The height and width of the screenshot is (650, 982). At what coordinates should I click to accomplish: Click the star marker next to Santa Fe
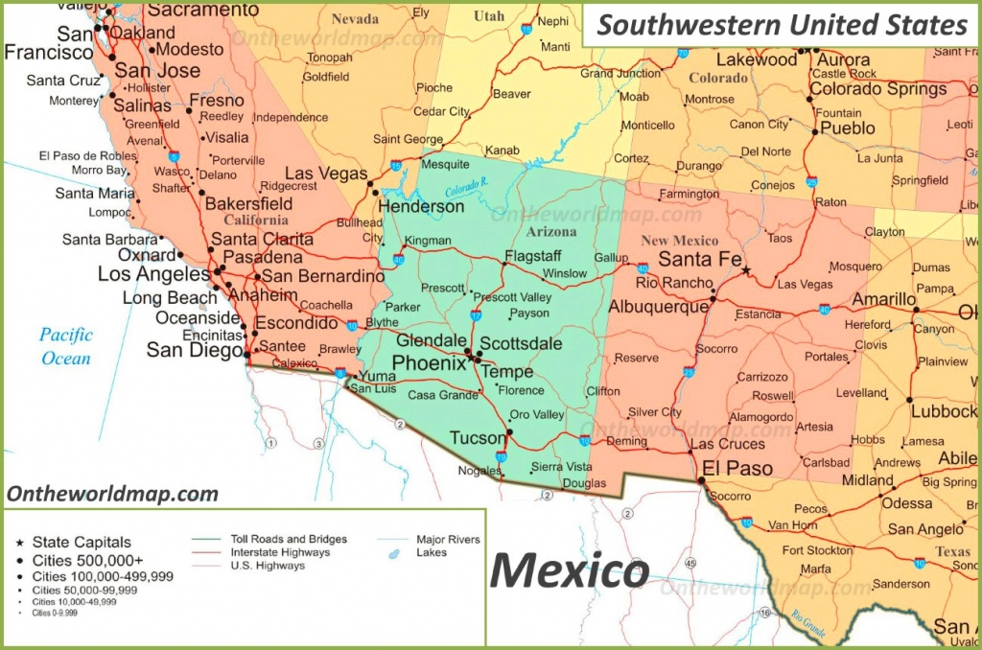click(746, 270)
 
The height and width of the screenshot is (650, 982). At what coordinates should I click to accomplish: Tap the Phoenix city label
click(429, 363)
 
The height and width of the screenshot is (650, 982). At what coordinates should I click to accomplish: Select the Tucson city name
click(477, 438)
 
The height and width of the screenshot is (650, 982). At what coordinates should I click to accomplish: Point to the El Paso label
click(736, 469)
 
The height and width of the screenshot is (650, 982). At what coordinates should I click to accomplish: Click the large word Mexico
click(569, 570)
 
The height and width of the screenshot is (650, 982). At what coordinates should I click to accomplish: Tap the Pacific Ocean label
click(66, 347)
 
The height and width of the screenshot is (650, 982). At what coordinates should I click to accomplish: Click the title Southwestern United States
click(782, 24)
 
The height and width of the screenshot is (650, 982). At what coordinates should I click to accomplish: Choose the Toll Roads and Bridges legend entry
click(289, 539)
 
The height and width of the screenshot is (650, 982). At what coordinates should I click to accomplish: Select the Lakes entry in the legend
click(432, 553)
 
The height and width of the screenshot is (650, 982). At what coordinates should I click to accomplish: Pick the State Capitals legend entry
click(82, 542)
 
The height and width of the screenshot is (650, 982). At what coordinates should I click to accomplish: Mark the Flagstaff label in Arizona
click(532, 256)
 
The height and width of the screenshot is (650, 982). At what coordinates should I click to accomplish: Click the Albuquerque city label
click(657, 307)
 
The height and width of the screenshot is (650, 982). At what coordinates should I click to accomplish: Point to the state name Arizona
click(551, 232)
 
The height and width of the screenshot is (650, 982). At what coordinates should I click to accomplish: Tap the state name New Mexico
click(679, 241)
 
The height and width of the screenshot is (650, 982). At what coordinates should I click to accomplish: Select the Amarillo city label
click(884, 300)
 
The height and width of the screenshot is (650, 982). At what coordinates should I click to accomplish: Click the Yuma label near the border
click(377, 376)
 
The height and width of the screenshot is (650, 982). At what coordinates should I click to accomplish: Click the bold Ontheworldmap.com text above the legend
click(112, 495)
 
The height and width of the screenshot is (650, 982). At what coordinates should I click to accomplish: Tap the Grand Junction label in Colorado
click(620, 74)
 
